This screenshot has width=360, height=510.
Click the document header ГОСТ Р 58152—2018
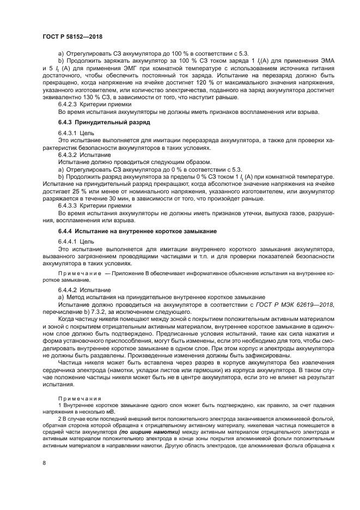pos(72,37)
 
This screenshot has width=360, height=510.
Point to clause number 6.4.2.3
pos(68,104)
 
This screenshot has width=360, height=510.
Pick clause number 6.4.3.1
pos(68,133)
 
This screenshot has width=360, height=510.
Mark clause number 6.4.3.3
pos(68,207)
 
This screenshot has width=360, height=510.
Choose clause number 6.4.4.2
pos(68,290)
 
